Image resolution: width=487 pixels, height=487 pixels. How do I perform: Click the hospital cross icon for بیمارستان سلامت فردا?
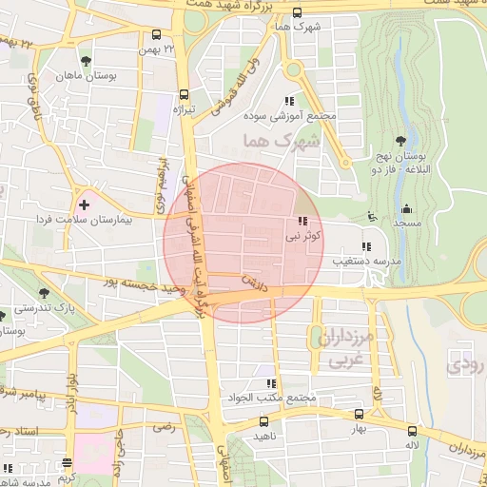(85, 204)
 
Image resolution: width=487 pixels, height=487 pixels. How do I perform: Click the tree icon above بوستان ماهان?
(86, 62)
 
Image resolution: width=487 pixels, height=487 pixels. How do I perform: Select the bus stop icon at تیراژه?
(184, 95)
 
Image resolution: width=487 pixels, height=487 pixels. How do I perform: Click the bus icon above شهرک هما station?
(298, 12)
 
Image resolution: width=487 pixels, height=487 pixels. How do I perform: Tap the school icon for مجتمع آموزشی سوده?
(290, 101)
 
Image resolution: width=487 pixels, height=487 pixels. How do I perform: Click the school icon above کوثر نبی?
(303, 221)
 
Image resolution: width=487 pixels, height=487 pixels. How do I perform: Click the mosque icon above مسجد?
(407, 208)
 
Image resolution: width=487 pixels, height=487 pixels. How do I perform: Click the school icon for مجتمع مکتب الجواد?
(272, 382)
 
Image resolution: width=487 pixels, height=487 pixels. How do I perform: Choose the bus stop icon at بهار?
(359, 414)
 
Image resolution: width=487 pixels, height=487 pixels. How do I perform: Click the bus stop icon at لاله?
(412, 430)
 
